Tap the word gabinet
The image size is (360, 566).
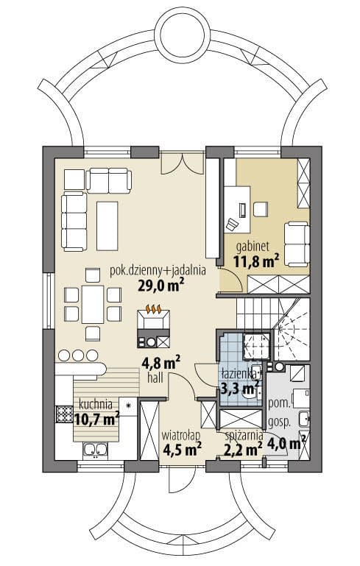click(x=253, y=247)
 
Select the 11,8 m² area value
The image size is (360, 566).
click(x=256, y=261)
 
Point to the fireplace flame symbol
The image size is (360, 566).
click(x=153, y=309)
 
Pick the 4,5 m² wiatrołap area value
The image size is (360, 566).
click(x=183, y=449)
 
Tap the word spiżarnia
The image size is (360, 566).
click(x=244, y=436)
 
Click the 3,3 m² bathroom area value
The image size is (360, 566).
click(x=240, y=389)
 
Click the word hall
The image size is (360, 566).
click(x=155, y=378)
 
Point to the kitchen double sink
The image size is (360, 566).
click(x=95, y=450)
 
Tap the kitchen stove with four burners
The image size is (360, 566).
click(x=64, y=414)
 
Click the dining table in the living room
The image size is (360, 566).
click(x=93, y=304)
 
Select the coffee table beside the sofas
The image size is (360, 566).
click(x=107, y=226)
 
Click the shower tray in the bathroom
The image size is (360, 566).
click(x=256, y=347)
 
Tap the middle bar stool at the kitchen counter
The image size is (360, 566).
click(x=78, y=355)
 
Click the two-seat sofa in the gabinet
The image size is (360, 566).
click(x=297, y=244)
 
